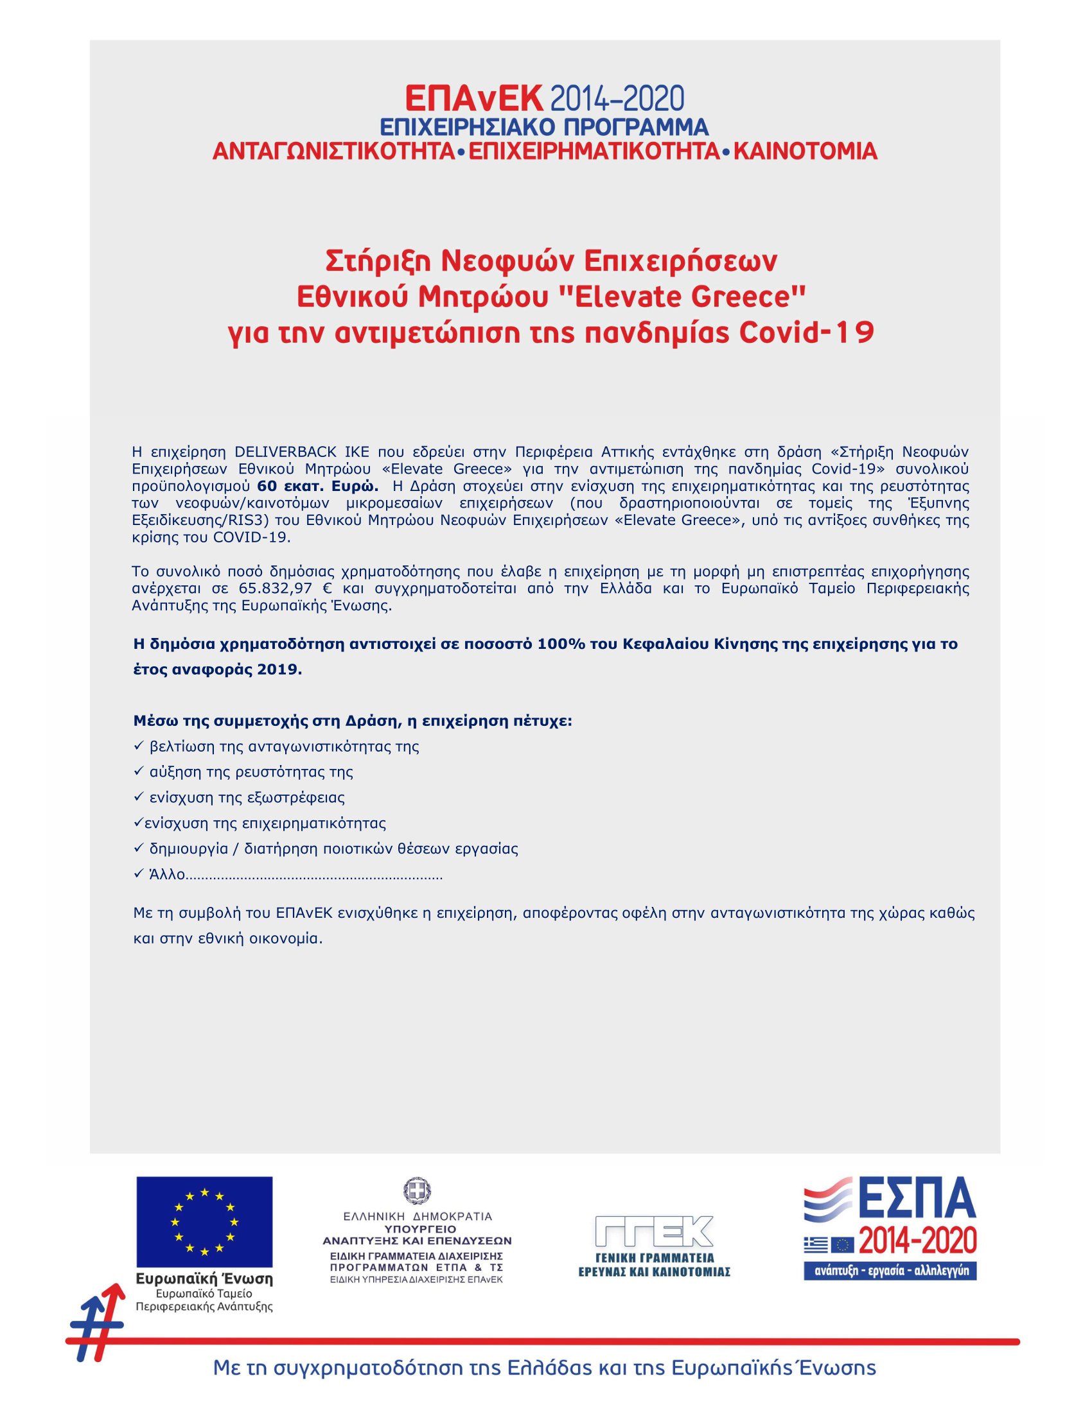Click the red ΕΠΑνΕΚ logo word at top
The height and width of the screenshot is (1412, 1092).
click(473, 99)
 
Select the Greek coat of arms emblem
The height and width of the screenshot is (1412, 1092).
click(417, 1190)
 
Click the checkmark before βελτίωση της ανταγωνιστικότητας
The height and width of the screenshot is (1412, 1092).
click(138, 746)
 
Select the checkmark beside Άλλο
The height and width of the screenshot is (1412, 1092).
click(138, 874)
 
